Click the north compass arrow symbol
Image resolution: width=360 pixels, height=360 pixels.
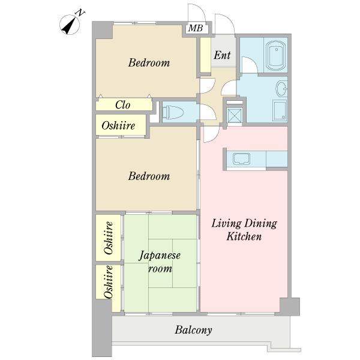click(x=70, y=25)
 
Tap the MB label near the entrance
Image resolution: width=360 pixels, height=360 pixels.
click(x=196, y=28)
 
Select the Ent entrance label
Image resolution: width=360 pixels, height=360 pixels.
click(x=222, y=55)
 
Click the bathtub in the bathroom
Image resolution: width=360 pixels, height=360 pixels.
click(x=275, y=56)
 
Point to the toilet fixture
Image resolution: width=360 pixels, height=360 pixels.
click(x=173, y=112)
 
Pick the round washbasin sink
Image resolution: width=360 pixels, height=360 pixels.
click(x=282, y=89)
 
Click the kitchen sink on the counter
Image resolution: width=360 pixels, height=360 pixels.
click(x=242, y=159)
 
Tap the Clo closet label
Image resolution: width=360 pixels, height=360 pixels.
click(x=123, y=105)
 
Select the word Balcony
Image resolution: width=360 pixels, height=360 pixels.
click(x=193, y=330)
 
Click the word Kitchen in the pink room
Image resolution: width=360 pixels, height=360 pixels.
click(x=244, y=236)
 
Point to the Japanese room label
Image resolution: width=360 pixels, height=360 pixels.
click(x=160, y=262)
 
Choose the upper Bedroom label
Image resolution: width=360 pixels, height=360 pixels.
click(x=149, y=62)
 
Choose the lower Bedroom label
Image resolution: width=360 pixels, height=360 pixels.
click(x=149, y=176)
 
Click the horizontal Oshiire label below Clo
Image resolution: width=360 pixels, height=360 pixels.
click(x=118, y=125)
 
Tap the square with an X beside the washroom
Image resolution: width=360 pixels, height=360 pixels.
click(x=235, y=115)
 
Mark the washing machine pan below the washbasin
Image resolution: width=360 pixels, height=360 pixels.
click(x=280, y=110)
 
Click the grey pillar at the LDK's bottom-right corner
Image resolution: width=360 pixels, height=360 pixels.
click(x=290, y=307)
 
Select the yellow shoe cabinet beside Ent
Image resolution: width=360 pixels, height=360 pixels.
click(x=205, y=55)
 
